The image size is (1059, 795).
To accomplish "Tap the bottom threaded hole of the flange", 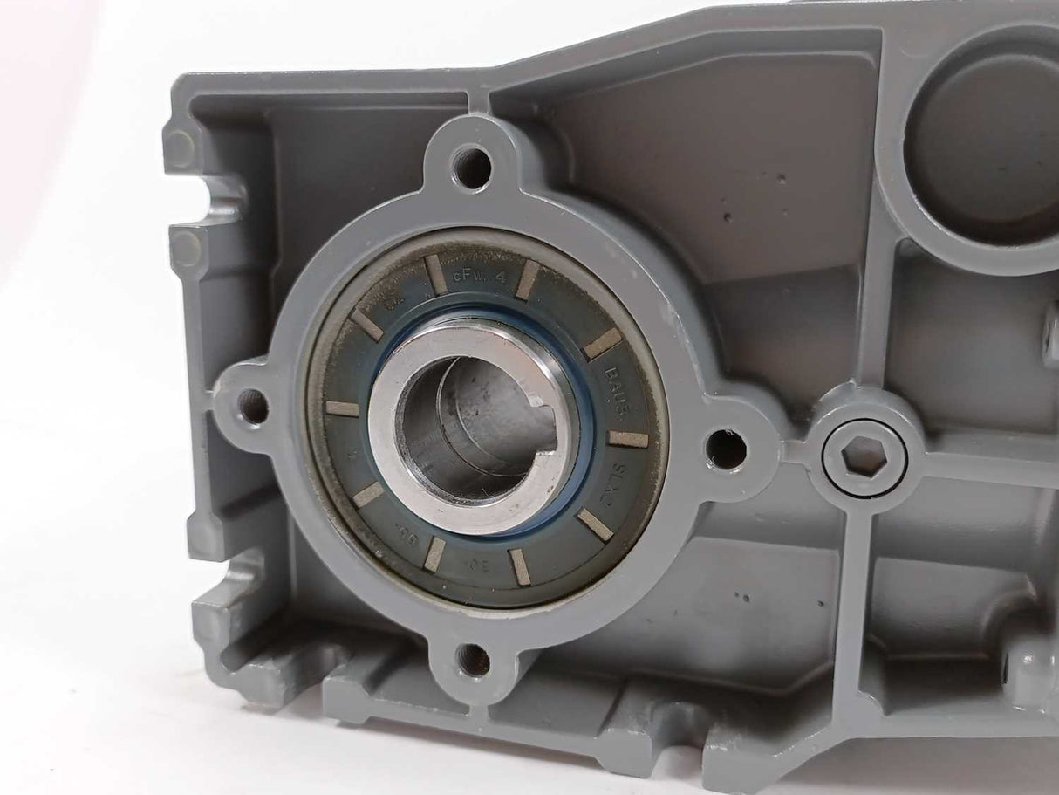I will [x=472, y=659].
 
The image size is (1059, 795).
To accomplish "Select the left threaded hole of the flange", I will [x=253, y=403].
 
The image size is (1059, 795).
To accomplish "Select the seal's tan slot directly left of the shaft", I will [x=342, y=408].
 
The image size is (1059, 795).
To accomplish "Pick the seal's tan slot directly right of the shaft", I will [x=628, y=439].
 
